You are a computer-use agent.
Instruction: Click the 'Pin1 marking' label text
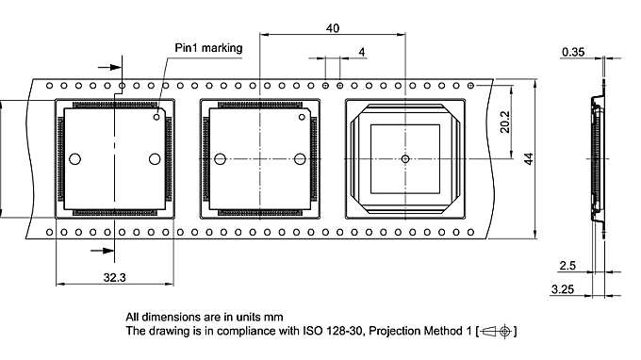[208, 47]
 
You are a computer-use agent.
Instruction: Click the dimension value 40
[333, 28]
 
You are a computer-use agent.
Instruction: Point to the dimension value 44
[529, 157]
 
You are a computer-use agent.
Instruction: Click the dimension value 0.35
[572, 50]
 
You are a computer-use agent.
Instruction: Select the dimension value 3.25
[563, 288]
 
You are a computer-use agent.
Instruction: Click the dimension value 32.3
[113, 276]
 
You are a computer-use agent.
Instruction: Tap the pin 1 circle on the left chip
[157, 118]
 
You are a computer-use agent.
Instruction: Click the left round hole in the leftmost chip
[76, 158]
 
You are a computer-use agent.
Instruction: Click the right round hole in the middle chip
[300, 158]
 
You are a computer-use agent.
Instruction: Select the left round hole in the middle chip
[220, 158]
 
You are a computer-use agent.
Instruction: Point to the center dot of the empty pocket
[404, 158]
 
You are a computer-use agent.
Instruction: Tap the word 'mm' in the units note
[274, 317]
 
